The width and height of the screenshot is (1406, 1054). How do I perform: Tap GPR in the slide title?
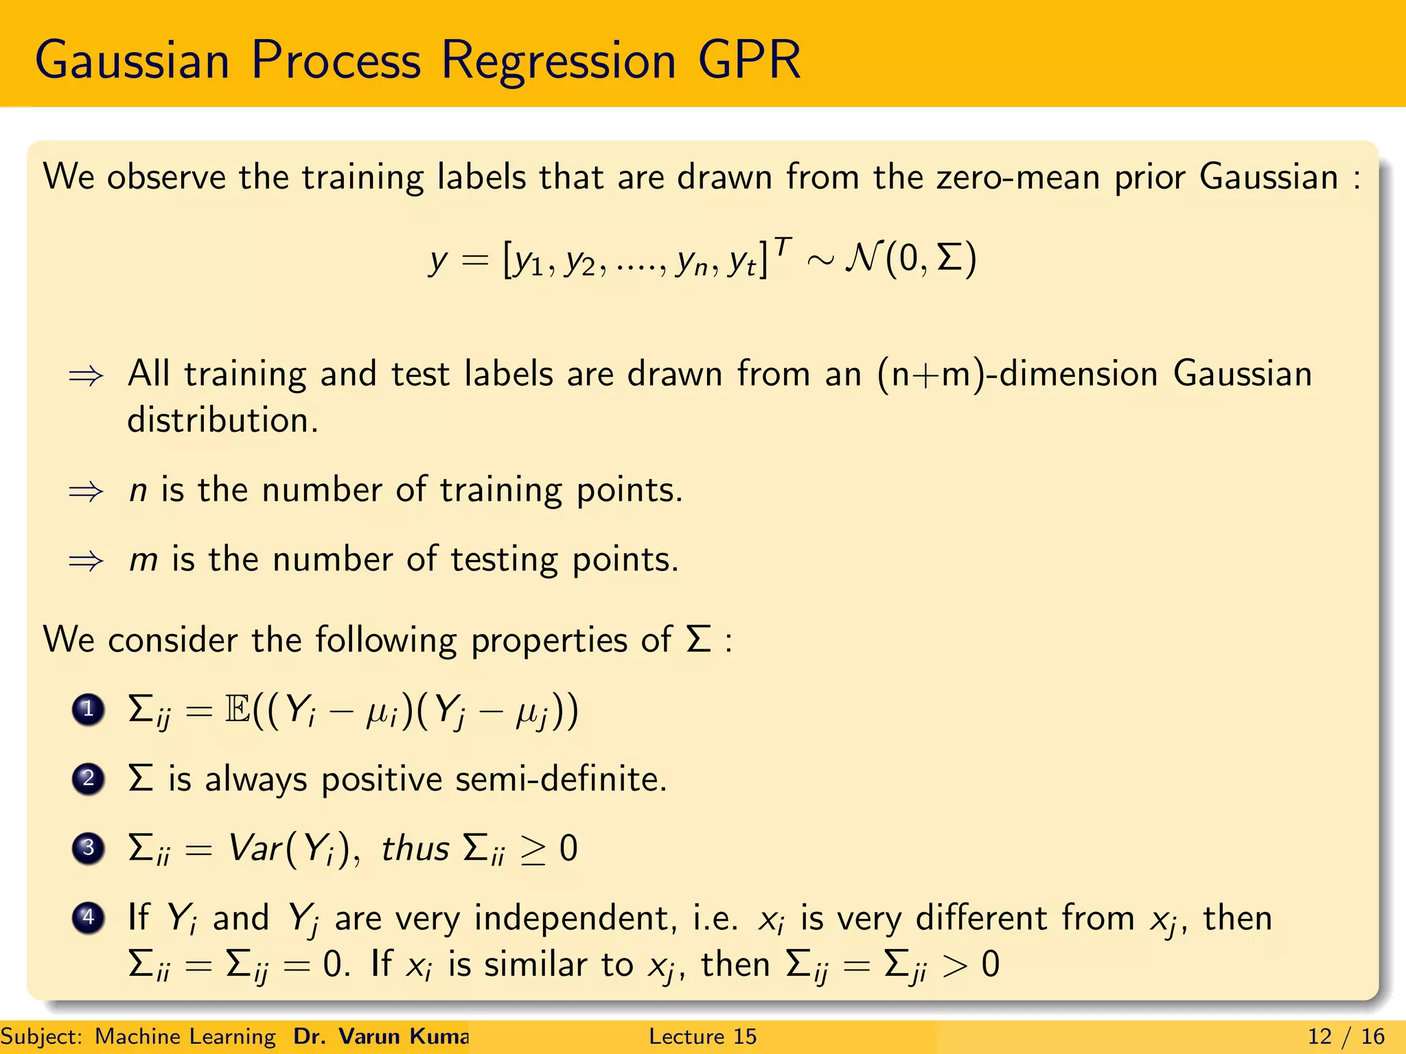(749, 60)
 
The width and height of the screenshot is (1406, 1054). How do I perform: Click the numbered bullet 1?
(88, 710)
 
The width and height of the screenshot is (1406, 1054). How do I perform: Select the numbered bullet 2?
(88, 779)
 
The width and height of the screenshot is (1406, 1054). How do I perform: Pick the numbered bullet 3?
(88, 848)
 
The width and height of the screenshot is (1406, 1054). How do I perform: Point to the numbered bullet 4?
(88, 917)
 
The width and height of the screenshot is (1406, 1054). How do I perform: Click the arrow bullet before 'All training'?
(86, 376)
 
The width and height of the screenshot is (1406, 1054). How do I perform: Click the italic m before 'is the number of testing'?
(143, 561)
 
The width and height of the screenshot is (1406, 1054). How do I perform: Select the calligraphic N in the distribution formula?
(862, 259)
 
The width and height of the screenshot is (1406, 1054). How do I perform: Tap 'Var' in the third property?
(255, 848)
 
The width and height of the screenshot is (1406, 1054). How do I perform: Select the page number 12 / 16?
(1346, 1036)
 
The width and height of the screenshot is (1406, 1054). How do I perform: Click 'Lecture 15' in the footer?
(702, 1036)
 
